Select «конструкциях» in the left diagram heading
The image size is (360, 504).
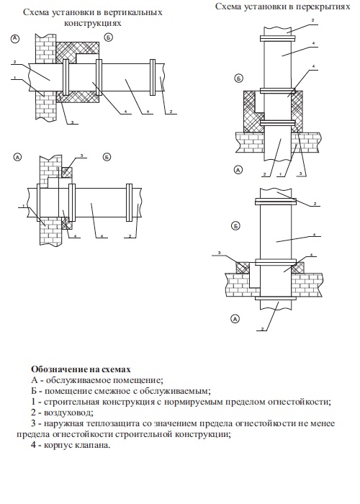point(93,24)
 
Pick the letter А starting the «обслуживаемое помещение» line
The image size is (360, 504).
point(35,380)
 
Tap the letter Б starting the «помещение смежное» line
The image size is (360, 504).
point(34,391)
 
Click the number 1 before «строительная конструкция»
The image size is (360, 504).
point(33,402)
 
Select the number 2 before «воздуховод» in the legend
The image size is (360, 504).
point(33,413)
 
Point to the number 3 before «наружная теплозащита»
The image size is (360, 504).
point(33,423)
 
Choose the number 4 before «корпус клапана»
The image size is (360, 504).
point(33,446)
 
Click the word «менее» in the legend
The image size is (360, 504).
point(323,423)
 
